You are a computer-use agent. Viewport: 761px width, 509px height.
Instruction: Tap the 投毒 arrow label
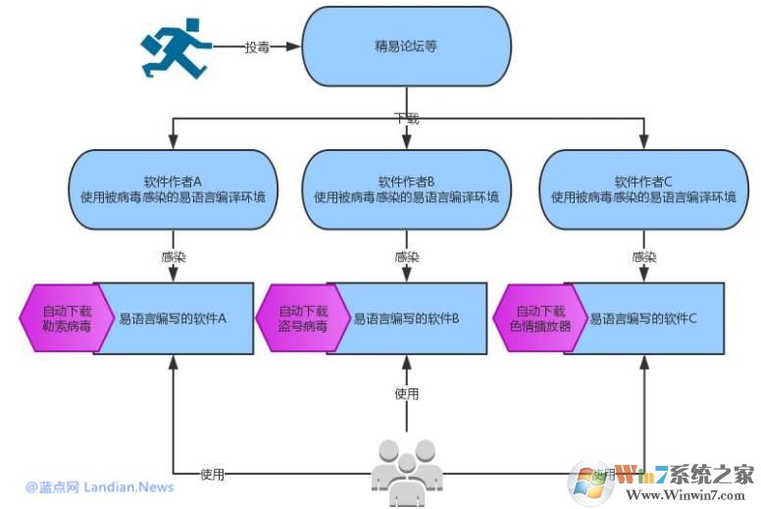[x=257, y=46]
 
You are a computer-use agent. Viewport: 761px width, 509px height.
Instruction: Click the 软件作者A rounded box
[x=173, y=188]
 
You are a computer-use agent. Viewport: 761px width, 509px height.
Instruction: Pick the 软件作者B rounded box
[x=407, y=188]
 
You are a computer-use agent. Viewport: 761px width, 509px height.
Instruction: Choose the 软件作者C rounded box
[x=642, y=188]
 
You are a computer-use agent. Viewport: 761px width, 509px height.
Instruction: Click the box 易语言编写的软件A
[x=175, y=319]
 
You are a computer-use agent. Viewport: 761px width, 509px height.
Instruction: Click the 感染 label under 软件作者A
[x=173, y=257]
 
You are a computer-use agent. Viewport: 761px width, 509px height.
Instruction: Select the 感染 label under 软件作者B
[x=407, y=257]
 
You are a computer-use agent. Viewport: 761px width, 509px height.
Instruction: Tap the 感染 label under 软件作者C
[x=643, y=257]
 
